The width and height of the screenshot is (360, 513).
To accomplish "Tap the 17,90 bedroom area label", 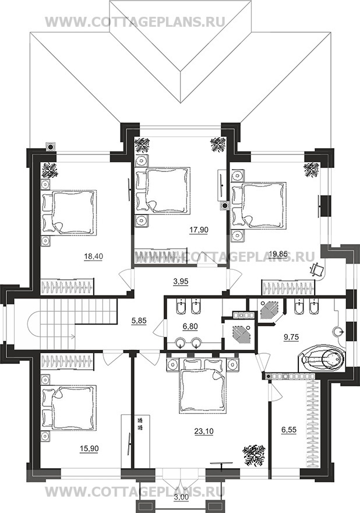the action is [x=199, y=230].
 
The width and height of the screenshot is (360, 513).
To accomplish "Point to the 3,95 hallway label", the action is [x=181, y=281].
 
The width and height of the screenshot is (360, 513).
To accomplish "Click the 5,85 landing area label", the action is [x=139, y=321].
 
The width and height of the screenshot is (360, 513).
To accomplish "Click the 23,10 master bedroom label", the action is [x=204, y=431].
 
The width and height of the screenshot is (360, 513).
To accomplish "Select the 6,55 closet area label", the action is [x=289, y=430].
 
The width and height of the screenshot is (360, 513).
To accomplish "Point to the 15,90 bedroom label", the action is [x=89, y=449].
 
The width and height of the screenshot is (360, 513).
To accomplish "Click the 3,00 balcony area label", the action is [x=181, y=505].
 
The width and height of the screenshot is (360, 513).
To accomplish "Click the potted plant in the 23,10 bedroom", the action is [x=253, y=455].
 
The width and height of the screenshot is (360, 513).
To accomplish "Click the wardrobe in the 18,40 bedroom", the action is [x=67, y=286].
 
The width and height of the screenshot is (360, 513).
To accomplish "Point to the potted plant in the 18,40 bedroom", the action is [x=50, y=170].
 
